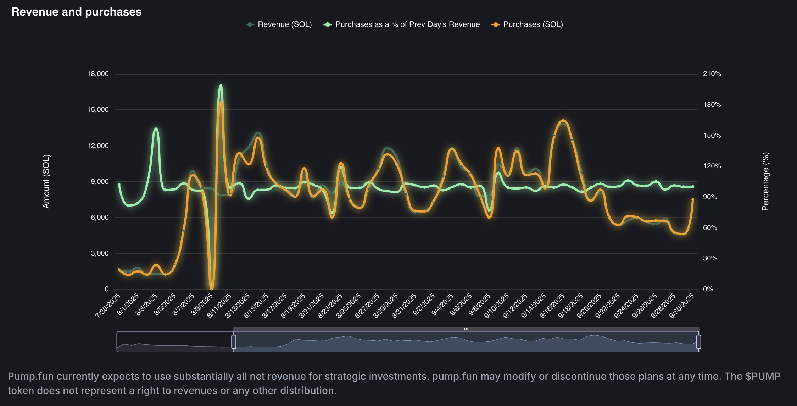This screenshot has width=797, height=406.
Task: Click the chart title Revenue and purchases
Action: (76, 12)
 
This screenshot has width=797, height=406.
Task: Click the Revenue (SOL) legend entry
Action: (279, 24)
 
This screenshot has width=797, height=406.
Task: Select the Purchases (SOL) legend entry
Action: (527, 24)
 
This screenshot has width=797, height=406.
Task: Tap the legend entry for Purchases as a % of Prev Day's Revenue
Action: (402, 24)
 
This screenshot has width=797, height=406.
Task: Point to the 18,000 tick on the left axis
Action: (98, 74)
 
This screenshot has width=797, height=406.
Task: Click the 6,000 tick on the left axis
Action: (100, 218)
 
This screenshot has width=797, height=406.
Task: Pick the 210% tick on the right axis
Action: (712, 74)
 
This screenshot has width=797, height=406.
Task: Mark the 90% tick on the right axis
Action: (710, 197)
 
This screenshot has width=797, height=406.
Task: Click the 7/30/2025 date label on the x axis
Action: (108, 306)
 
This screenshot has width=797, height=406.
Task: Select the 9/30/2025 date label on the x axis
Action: (681, 306)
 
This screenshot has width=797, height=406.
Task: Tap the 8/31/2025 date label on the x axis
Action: (404, 306)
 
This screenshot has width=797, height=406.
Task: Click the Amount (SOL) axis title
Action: (46, 181)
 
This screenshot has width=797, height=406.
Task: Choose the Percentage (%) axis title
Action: (765, 181)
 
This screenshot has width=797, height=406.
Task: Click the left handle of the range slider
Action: (234, 341)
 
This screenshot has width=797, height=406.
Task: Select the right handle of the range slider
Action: (698, 341)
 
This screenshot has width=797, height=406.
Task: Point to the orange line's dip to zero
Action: (212, 288)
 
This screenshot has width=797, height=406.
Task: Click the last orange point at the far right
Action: (693, 199)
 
